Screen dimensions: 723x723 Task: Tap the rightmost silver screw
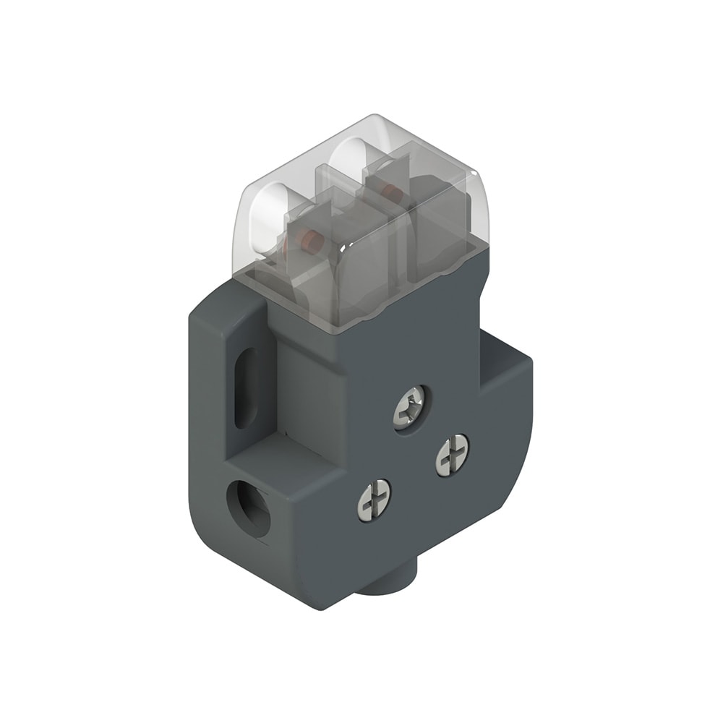(x=452, y=453)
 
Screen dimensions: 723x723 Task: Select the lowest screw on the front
(x=375, y=498)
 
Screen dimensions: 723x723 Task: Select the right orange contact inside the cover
(x=390, y=192)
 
